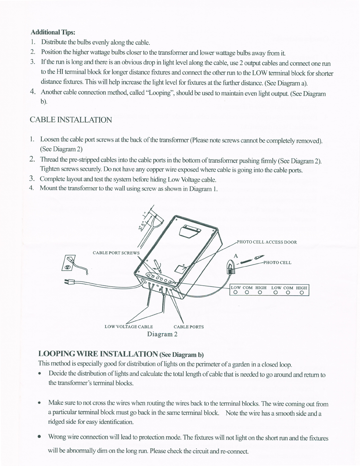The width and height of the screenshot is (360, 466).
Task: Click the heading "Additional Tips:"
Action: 54,32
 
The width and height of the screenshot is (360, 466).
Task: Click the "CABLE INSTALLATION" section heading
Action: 71,120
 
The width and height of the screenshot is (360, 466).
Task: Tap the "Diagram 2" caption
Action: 162,334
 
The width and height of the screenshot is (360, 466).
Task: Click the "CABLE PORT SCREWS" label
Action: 116,253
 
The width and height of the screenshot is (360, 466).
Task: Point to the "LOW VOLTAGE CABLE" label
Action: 129,327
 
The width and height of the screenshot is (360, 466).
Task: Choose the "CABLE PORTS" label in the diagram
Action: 189,327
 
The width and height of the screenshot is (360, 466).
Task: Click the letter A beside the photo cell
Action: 235,256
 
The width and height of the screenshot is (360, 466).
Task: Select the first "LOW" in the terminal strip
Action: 236,288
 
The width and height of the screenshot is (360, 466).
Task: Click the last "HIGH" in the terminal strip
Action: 301,288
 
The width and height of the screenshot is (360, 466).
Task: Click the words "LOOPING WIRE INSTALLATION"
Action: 98,353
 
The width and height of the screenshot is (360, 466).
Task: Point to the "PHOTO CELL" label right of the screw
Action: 277,263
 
